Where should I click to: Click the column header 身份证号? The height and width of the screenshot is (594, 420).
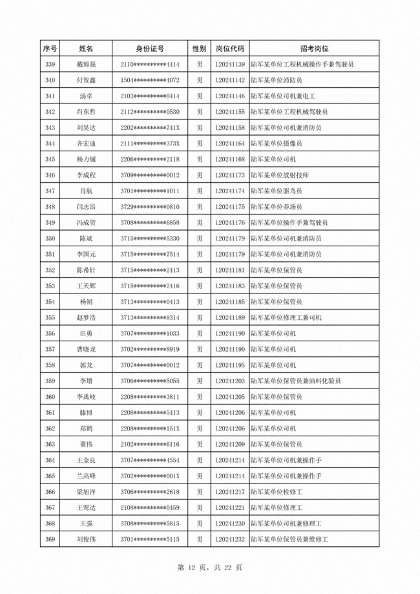(149, 48)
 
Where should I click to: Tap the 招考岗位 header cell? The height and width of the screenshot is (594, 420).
(314, 48)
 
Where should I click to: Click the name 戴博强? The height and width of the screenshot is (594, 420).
(86, 65)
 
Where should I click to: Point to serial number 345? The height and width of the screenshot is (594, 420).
(50, 159)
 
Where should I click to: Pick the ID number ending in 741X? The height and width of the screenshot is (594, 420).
(149, 128)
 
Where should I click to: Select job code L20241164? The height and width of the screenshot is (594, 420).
(229, 143)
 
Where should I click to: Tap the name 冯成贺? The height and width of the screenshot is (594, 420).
(86, 223)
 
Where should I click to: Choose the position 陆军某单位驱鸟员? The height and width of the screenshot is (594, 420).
(276, 191)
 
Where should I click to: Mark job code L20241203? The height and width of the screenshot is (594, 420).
(229, 381)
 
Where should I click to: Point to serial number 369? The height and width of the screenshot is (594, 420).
(50, 540)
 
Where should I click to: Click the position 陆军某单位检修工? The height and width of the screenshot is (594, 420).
(276, 492)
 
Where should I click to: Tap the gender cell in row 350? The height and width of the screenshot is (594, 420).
(200, 239)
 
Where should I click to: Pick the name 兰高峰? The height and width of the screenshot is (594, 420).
(86, 476)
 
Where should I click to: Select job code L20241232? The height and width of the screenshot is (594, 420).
(229, 540)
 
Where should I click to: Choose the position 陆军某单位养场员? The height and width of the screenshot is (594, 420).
(276, 207)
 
